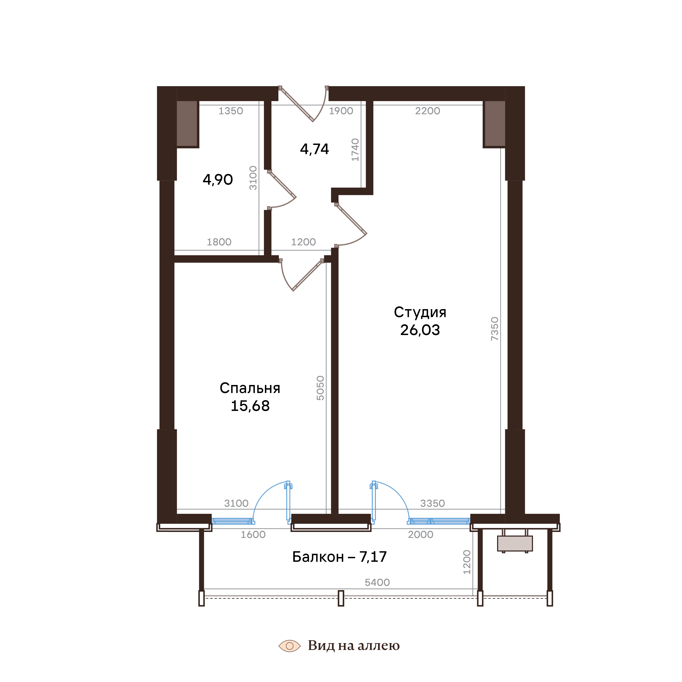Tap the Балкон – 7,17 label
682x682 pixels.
(x=339, y=557)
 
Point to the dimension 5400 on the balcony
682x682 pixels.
(x=377, y=582)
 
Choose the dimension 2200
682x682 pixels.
(x=427, y=111)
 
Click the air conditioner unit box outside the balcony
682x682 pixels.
(x=515, y=544)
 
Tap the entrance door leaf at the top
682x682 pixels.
(x=296, y=105)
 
